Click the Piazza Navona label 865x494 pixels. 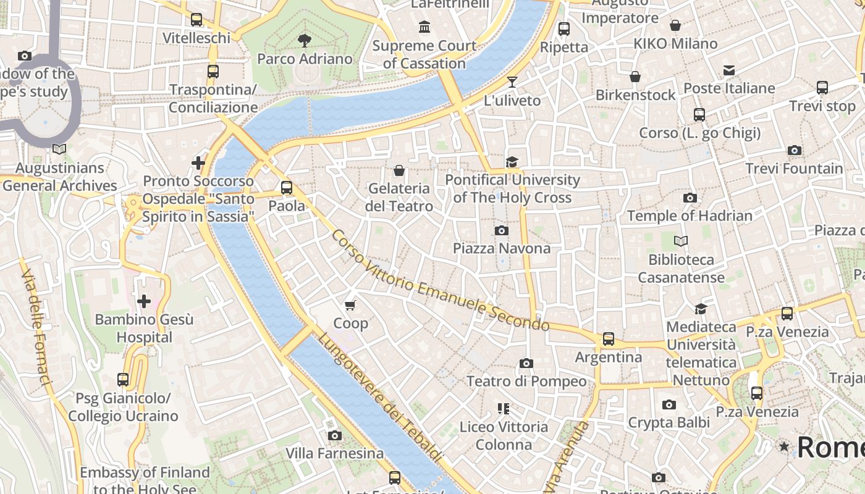[501, 248]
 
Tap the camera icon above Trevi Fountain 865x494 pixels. [795, 150]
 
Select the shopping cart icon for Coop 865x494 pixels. [350, 304]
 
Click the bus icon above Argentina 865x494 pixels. [609, 338]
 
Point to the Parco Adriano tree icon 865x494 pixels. [304, 41]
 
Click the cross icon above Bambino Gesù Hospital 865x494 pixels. [144, 301]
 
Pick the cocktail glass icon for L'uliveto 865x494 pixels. [512, 82]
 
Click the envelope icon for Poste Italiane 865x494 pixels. [729, 70]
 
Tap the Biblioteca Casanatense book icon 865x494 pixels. [681, 241]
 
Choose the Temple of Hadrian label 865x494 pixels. [690, 216]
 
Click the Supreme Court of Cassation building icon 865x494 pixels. [424, 27]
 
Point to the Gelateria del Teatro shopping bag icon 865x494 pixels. [399, 170]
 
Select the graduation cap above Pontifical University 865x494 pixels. [512, 162]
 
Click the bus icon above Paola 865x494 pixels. [287, 188]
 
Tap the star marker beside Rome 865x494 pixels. [784, 446]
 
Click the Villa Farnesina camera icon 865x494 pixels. [335, 435]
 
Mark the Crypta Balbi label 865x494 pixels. [669, 422]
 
